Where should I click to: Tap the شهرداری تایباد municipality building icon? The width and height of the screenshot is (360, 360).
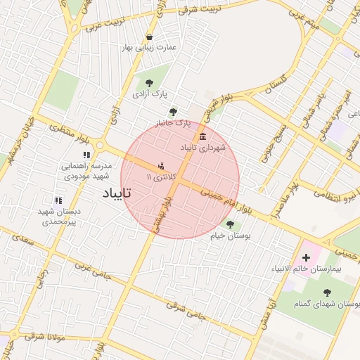(203, 136)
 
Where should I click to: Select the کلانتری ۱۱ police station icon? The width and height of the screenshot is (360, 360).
(162, 167)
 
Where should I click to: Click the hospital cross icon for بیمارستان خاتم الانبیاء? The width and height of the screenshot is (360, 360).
(306, 258)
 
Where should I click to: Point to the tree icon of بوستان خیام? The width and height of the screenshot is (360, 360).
(230, 224)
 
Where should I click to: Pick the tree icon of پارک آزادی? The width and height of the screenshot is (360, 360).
(148, 83)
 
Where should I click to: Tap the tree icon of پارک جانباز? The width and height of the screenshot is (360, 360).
(173, 112)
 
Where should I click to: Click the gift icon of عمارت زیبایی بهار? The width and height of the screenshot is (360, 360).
(149, 37)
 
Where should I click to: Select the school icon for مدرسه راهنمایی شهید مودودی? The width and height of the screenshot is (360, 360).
(86, 155)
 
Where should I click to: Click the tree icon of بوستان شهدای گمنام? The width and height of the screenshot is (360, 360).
(326, 292)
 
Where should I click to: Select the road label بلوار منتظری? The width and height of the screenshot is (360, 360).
(67, 129)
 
